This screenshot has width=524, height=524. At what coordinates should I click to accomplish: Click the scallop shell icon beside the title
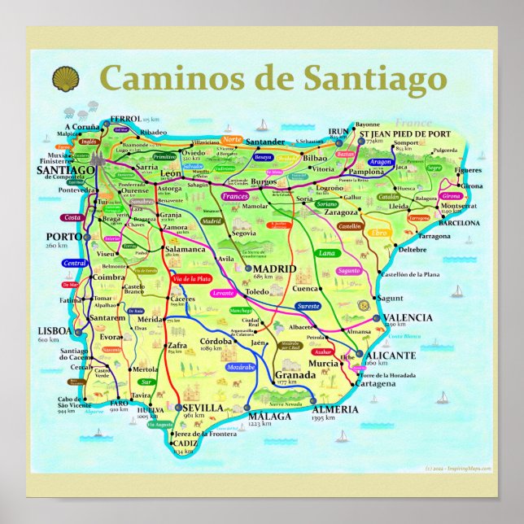(65, 79)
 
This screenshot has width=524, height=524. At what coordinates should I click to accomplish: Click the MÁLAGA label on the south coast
(270, 416)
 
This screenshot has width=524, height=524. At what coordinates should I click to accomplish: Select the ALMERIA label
(334, 408)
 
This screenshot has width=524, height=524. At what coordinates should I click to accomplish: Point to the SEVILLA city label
(203, 407)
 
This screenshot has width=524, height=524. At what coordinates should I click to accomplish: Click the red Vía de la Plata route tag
(190, 279)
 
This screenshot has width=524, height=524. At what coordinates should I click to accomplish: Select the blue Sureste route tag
(308, 308)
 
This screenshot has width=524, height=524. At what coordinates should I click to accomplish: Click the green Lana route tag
(325, 253)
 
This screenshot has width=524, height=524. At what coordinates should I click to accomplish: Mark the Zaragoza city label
(341, 212)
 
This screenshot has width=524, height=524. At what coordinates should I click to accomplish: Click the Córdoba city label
(216, 340)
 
